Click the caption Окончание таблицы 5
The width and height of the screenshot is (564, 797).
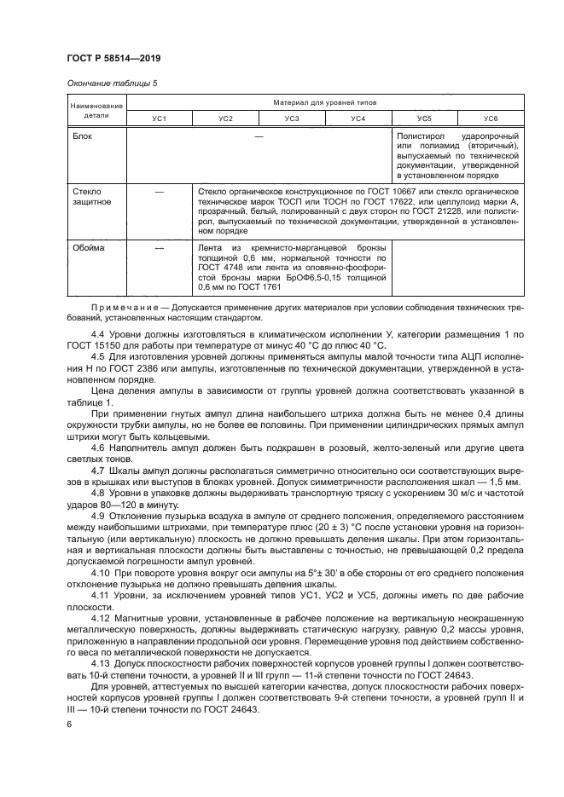(x=111, y=83)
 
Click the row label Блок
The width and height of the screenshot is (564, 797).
(x=82, y=136)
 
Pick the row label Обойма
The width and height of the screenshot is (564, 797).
(x=88, y=247)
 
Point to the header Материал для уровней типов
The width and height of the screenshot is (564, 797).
(x=325, y=102)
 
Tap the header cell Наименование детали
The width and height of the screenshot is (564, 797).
(x=90, y=109)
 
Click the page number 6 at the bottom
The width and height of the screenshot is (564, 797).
(x=69, y=723)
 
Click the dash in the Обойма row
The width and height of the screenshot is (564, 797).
(x=159, y=247)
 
